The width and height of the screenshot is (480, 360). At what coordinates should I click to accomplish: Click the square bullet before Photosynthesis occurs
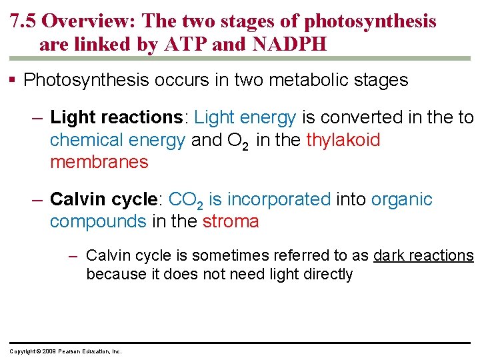(x=14, y=81)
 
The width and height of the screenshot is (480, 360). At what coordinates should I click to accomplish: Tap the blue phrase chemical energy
(x=117, y=140)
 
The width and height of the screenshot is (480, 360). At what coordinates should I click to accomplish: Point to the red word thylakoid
(x=343, y=140)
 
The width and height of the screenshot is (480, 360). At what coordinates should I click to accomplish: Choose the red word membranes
(x=99, y=162)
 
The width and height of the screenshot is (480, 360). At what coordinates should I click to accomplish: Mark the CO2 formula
(x=187, y=200)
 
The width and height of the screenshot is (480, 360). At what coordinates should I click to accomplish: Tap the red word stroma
(x=231, y=221)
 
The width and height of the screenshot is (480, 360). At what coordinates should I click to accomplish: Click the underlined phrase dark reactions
(x=423, y=255)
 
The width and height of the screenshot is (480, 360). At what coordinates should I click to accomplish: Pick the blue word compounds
(x=98, y=221)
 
